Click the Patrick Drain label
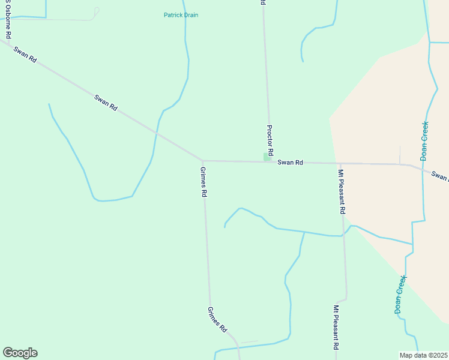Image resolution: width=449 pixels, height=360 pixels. click(181, 15)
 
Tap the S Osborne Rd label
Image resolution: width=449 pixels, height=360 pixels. click(8, 21)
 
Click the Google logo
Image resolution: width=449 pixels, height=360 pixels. click(20, 353)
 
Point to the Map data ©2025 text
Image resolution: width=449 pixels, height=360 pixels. click(423, 355)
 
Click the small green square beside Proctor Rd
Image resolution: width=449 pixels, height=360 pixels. click(267, 157)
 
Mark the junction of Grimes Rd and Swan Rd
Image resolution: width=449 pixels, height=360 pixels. click(203, 161)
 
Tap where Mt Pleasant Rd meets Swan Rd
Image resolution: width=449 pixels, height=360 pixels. click(340, 163)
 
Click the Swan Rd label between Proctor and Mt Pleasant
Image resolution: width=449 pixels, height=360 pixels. click(291, 162)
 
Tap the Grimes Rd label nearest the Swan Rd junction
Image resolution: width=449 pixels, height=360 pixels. click(203, 182)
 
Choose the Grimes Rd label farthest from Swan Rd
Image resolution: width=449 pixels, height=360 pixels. click(217, 320)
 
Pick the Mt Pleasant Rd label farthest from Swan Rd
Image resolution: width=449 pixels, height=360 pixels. click(336, 328)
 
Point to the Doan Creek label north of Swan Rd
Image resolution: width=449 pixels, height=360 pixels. click(424, 140)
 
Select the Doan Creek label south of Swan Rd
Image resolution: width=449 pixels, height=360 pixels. click(400, 294)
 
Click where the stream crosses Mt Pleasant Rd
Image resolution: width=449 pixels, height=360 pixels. click(343, 234)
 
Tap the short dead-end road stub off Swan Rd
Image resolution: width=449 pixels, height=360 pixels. click(400, 155)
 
